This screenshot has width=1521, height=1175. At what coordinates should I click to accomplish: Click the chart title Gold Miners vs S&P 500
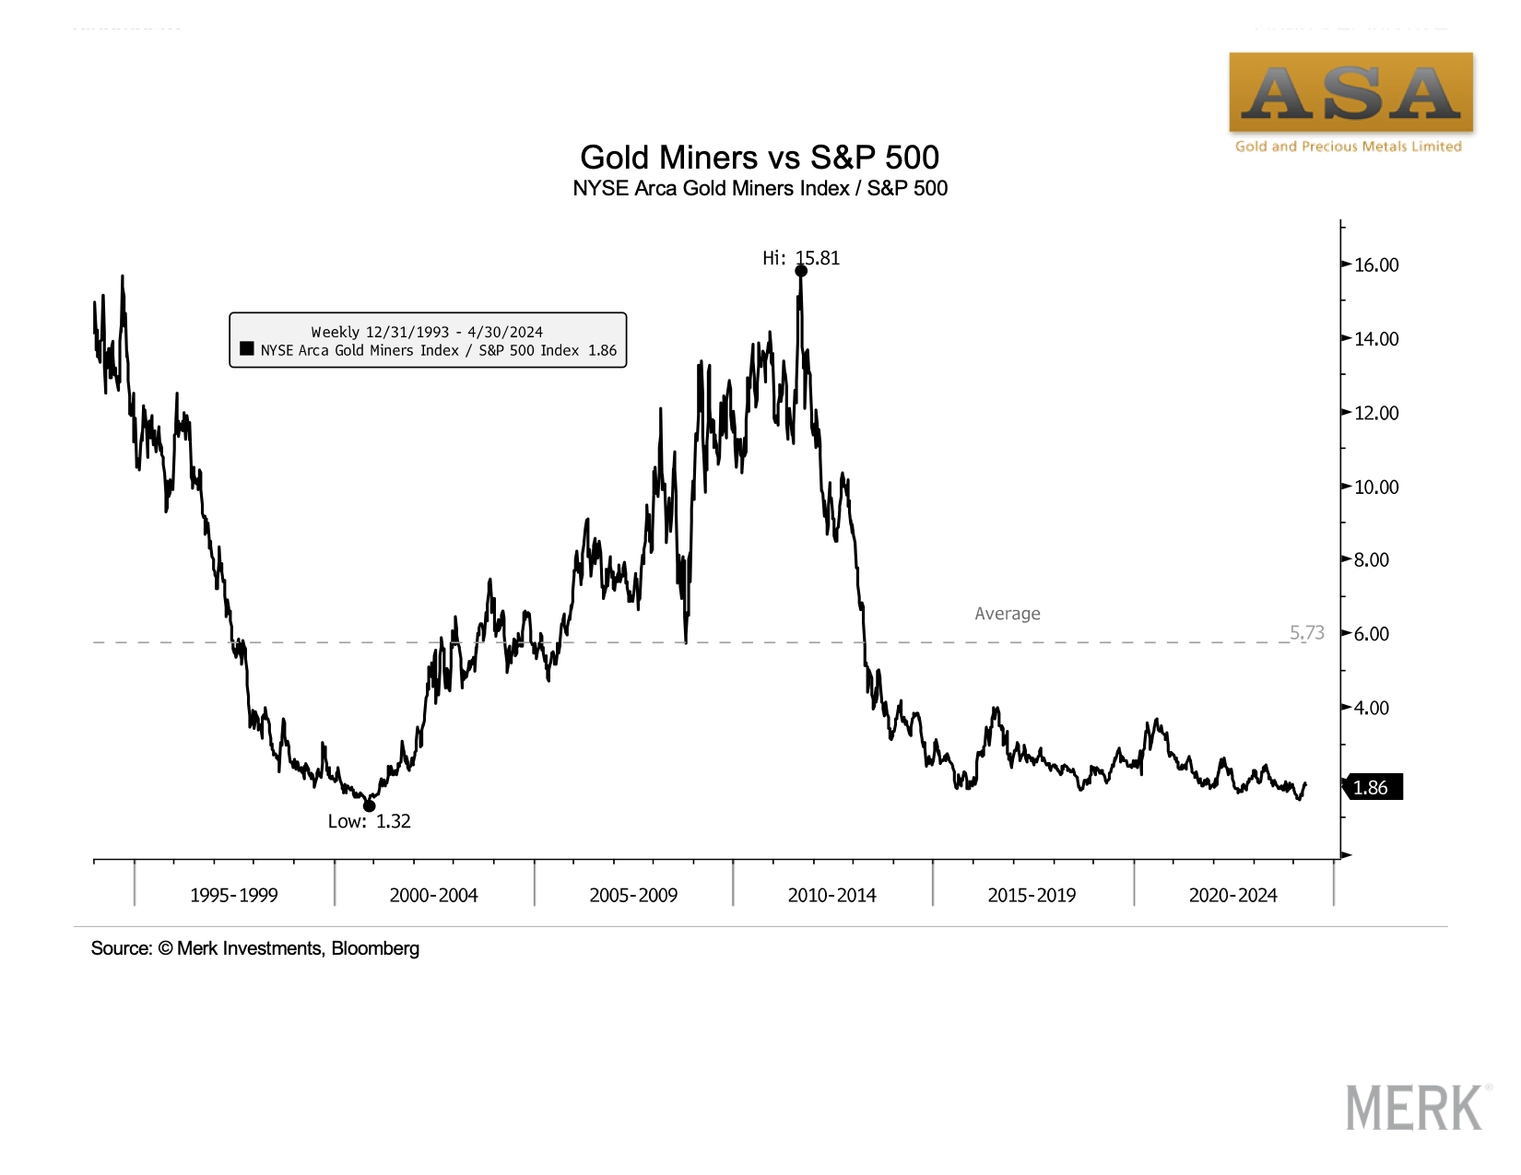click(x=760, y=158)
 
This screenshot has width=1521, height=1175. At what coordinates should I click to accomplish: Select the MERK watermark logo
click(x=1415, y=1108)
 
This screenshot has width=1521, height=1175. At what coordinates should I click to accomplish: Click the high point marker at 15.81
click(x=801, y=271)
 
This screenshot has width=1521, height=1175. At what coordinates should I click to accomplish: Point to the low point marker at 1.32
click(x=370, y=806)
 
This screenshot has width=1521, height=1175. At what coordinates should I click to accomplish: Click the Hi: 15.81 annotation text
click(x=801, y=258)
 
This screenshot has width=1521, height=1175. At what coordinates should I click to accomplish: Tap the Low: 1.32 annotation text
click(x=369, y=821)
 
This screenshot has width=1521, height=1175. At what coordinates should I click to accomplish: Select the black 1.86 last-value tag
click(x=1373, y=787)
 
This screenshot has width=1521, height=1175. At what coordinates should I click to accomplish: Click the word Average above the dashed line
click(x=1008, y=614)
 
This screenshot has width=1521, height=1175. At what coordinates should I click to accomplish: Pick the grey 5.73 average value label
click(x=1306, y=632)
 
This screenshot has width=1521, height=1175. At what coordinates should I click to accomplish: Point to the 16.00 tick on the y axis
click(x=1375, y=265)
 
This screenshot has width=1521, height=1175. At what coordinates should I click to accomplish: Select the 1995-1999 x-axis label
click(x=233, y=895)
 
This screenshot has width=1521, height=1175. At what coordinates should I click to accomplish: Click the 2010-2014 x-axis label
click(x=831, y=895)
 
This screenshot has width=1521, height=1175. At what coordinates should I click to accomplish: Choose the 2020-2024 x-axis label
click(x=1232, y=895)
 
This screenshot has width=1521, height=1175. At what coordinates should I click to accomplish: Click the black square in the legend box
click(x=247, y=349)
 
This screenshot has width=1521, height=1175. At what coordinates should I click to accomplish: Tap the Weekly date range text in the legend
click(x=427, y=332)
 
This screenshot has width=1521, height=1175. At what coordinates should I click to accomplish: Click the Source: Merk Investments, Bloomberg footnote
click(x=255, y=948)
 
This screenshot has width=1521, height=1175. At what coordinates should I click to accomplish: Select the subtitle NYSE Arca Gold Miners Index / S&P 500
click(x=760, y=189)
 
